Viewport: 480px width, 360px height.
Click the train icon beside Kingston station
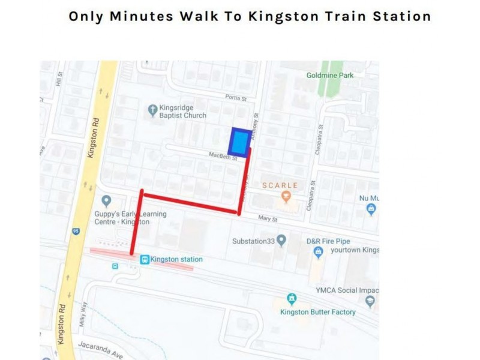pyautogui.click(x=144, y=259)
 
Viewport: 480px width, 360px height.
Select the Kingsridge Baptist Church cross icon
pyautogui.click(x=152, y=109)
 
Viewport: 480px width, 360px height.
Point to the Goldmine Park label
pyautogui.click(x=330, y=76)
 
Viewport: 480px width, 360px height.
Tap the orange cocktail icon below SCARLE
pyautogui.click(x=286, y=196)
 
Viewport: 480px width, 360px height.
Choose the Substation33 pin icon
pyautogui.click(x=281, y=241)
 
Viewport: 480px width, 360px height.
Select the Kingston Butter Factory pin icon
pyautogui.click(x=292, y=298)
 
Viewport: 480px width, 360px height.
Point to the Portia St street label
pyautogui.click(x=236, y=98)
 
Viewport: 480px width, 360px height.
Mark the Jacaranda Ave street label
pyautogui.click(x=98, y=350)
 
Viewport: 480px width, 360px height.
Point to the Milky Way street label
pyautogui.click(x=83, y=315)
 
